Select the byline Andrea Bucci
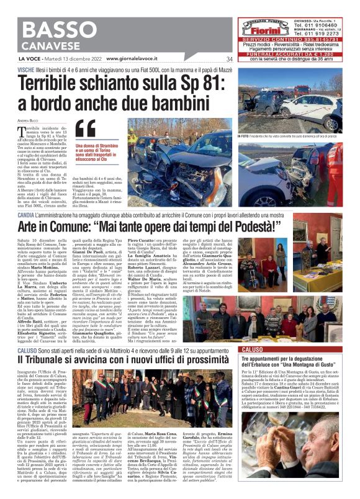[29, 119]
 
